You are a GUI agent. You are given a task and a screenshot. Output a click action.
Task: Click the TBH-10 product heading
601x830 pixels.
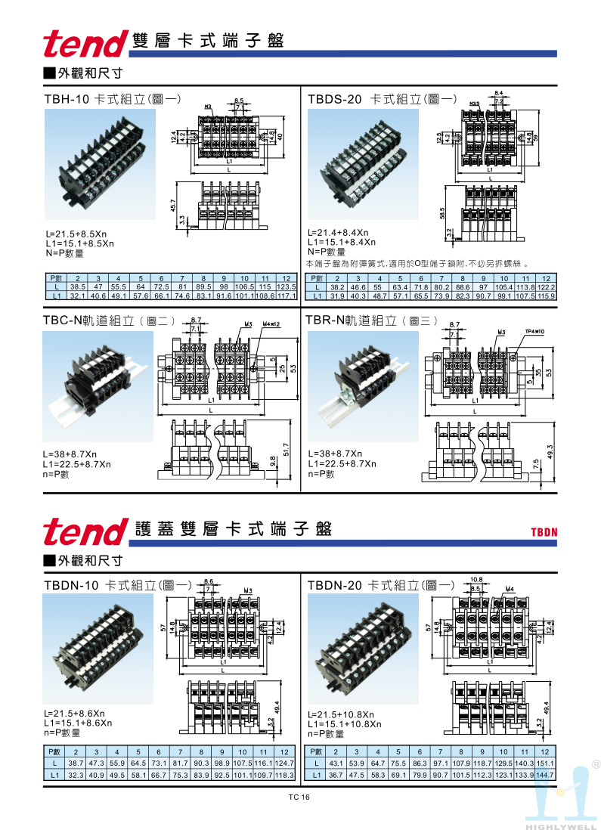pyautogui.click(x=67, y=99)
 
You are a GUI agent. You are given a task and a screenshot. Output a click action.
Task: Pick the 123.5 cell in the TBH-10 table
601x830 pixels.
pyautogui.click(x=286, y=287)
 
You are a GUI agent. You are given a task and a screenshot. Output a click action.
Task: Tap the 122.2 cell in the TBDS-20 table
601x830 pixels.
pyautogui.click(x=547, y=287)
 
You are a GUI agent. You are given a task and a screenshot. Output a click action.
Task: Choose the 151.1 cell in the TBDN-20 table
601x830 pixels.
pyautogui.click(x=544, y=763)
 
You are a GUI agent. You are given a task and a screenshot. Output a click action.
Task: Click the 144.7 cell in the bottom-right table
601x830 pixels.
pyautogui.click(x=544, y=775)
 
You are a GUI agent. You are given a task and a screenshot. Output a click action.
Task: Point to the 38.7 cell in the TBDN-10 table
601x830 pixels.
pyautogui.click(x=76, y=763)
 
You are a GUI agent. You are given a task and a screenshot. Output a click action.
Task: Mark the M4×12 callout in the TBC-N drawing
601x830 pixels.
pyautogui.click(x=271, y=324)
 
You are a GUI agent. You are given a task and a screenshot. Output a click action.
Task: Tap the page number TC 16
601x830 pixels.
pyautogui.click(x=299, y=797)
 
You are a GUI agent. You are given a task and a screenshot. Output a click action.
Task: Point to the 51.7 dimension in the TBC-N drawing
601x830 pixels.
pyautogui.click(x=285, y=450)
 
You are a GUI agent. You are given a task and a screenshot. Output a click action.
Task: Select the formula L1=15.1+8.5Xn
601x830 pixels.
pyautogui.click(x=79, y=243)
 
